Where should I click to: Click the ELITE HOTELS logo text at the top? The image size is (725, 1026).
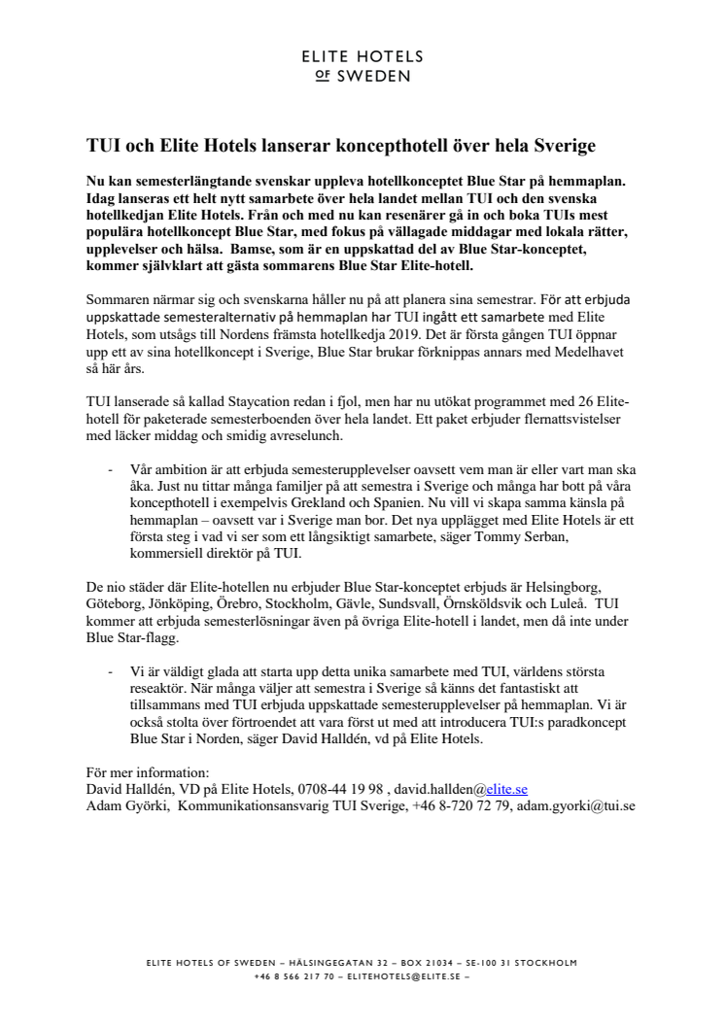[x=362, y=57]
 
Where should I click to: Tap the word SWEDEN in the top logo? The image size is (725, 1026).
[x=373, y=76]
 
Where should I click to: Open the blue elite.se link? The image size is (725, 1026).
[x=511, y=790]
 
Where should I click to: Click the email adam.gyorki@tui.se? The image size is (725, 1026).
[x=575, y=805]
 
